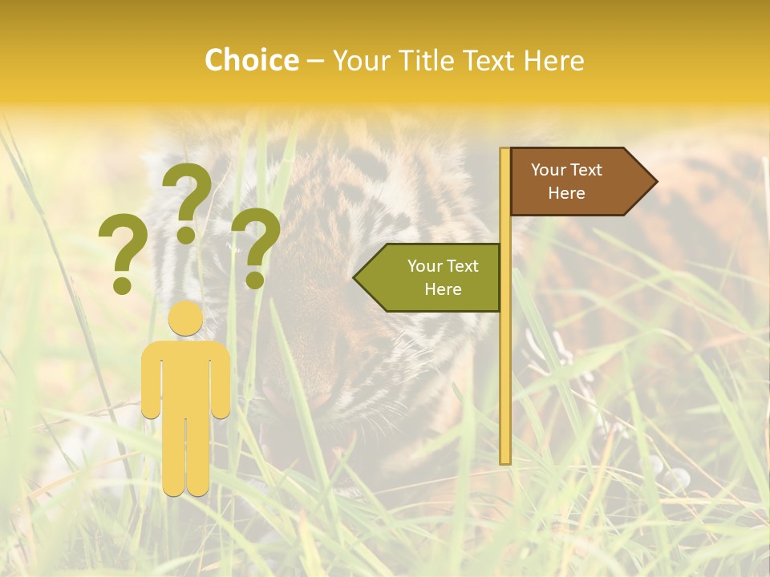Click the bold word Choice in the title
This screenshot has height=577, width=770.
pos(251,60)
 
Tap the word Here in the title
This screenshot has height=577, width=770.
pos(553,60)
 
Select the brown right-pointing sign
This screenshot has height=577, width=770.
pos(573,182)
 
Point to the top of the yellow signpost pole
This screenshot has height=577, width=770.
pos(505,151)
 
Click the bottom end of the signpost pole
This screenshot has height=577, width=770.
pos(505,461)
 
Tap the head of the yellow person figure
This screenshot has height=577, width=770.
pos(186,319)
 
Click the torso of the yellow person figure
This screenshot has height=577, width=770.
pos(186,377)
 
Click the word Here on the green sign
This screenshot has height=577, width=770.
pos(443,289)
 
